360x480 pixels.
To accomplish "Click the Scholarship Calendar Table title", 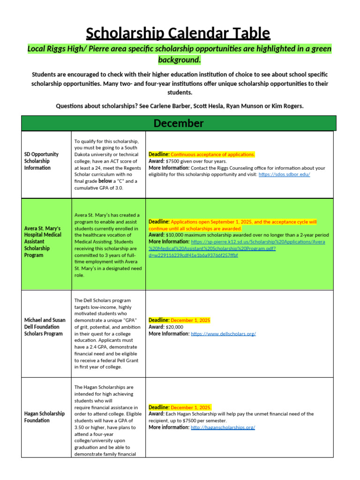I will [x=178, y=33].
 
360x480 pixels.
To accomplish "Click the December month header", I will [x=179, y=123].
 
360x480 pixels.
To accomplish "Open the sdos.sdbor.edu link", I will [x=284, y=174].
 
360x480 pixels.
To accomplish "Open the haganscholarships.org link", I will [x=223, y=427].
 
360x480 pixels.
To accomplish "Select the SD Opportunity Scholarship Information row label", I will [x=41, y=161].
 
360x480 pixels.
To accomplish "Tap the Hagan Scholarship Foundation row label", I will [x=45, y=417].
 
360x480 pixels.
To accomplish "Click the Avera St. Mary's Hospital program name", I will [x=43, y=241].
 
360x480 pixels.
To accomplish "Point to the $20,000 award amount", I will [x=174, y=327].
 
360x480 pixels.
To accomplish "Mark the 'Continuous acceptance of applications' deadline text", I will [x=213, y=154].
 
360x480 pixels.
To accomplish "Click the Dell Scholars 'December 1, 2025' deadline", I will [x=191, y=320].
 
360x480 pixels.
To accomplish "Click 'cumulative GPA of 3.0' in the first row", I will [x=105, y=188].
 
